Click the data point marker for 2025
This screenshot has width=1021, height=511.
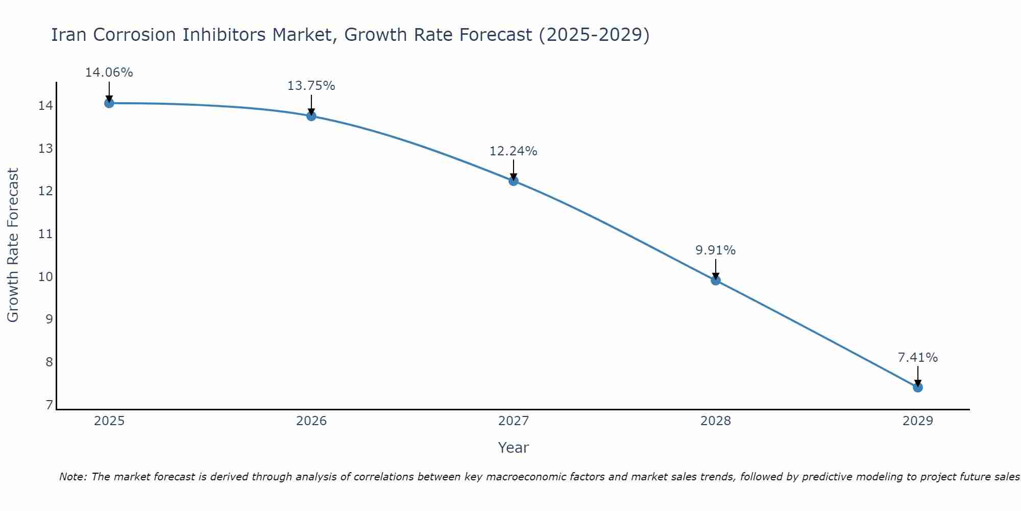(x=109, y=103)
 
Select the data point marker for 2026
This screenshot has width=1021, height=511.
(x=311, y=116)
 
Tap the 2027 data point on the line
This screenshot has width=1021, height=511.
(x=513, y=181)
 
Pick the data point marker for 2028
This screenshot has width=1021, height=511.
(x=715, y=280)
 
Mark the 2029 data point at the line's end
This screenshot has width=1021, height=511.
(x=917, y=387)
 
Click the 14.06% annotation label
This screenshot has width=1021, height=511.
(x=109, y=73)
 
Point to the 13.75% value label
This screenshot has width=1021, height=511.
(x=311, y=86)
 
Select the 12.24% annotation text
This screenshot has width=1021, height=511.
(x=513, y=151)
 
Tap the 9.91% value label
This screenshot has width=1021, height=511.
(x=715, y=250)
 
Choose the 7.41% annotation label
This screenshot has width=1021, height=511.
(x=917, y=358)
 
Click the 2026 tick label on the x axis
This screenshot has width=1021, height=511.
(x=311, y=421)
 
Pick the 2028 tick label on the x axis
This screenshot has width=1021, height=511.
(x=715, y=421)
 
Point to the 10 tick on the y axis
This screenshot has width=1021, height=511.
(x=45, y=277)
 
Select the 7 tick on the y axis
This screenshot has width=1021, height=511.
(x=49, y=405)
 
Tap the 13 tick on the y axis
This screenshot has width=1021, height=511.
(x=45, y=149)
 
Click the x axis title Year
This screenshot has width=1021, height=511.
(x=513, y=448)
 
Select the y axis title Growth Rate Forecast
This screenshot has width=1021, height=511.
(x=13, y=245)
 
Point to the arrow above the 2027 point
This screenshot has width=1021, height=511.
(x=513, y=170)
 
